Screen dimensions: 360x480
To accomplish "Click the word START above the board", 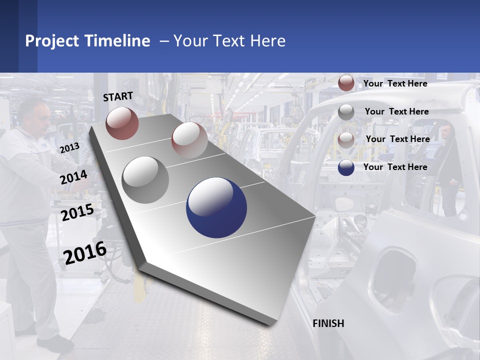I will coord(118,96).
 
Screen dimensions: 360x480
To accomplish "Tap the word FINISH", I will coord(328,323).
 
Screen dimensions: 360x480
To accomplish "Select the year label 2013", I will coord(69,148).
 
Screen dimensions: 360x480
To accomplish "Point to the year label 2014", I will coord(73,177).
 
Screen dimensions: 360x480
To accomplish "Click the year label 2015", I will coord(77,212).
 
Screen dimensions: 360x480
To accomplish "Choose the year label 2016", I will coord(85,252).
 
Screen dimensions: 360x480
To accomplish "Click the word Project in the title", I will coord(52,41).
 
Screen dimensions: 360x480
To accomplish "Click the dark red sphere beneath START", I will coord(122,123).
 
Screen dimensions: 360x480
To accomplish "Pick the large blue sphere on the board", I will coord(216,207).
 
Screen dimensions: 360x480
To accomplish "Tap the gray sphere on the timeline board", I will coord(145,179).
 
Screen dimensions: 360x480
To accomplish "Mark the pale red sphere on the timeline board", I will coord(189,139).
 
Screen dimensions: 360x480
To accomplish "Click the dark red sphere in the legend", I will coord(346,83).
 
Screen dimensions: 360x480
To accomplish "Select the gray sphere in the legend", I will coord(346,112).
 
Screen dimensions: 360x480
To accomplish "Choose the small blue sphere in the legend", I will coord(346,167).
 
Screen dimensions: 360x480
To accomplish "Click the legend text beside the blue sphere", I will coord(395,167).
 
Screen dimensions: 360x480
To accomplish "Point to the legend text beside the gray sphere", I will coord(396,111).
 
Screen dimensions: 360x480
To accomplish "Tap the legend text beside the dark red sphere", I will coord(395,83).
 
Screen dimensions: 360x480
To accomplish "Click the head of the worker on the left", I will coord(35,113).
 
